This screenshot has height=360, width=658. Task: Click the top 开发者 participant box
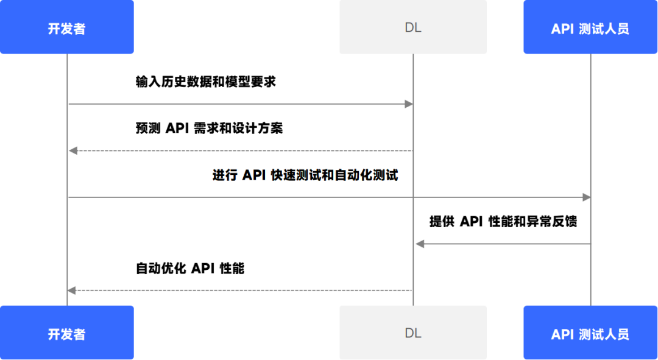click(x=66, y=27)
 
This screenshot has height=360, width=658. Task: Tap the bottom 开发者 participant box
click(x=66, y=333)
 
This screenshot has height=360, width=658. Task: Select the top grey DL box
click(x=413, y=27)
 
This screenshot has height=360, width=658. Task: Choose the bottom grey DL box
click(x=413, y=333)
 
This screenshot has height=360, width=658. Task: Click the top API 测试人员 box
click(x=590, y=27)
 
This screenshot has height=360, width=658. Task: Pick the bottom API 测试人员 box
click(x=590, y=333)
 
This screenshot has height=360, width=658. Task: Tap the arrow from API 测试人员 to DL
click(x=506, y=244)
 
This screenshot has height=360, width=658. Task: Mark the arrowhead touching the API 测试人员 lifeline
click(x=585, y=197)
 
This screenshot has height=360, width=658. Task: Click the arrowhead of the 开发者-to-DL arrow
click(x=409, y=104)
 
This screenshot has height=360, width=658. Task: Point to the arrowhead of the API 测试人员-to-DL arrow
click(x=419, y=244)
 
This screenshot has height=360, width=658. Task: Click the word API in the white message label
click(x=256, y=175)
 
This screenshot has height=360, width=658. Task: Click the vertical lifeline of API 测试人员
click(x=590, y=122)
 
